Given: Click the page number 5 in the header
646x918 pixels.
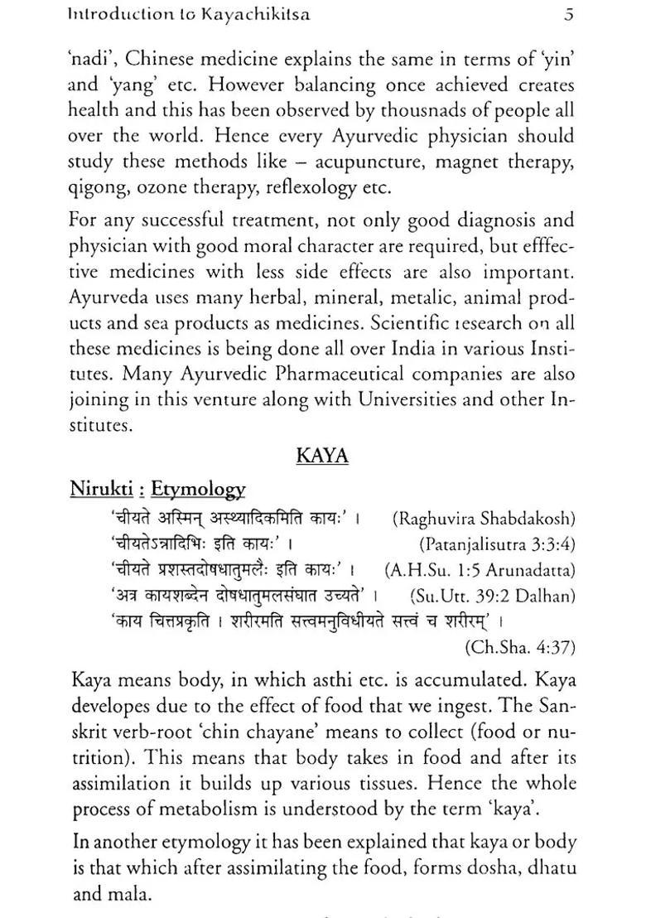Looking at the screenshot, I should (567, 14).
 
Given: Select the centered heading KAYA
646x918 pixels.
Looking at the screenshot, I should (322, 456).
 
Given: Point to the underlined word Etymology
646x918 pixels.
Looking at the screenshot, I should (198, 490).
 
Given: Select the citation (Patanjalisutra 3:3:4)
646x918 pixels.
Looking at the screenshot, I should (497, 544).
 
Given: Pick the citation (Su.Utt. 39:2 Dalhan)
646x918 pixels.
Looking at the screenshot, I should (493, 596).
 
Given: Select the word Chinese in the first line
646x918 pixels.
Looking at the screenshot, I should (157, 60).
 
